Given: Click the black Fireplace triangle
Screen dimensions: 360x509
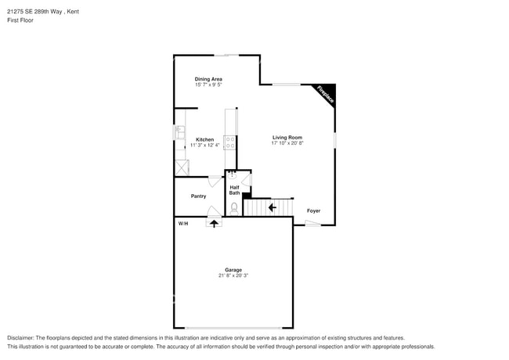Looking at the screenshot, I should (x=327, y=93).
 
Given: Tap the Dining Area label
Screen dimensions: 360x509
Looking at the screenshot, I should (x=209, y=79).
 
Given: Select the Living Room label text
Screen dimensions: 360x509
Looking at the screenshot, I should (x=287, y=138).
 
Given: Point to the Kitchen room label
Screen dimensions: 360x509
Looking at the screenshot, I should (x=204, y=139).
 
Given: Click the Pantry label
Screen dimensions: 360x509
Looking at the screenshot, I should (x=198, y=196).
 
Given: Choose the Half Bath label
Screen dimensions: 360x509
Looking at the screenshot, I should (x=234, y=190).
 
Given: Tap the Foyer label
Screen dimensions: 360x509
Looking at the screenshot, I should (x=313, y=211).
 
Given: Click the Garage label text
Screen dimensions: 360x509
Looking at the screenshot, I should (x=233, y=270).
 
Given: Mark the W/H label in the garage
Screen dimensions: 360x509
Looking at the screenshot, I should (x=183, y=224).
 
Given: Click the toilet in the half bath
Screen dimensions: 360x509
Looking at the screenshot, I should (x=234, y=207).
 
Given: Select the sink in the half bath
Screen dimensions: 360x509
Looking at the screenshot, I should (x=233, y=175).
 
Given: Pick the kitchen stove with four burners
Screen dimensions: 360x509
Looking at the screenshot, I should (x=230, y=142).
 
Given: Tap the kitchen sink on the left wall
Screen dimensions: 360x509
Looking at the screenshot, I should (x=179, y=132).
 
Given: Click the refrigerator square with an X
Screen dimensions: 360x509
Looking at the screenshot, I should (x=181, y=167).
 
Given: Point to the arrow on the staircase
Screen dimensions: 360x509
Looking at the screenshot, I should (x=271, y=207).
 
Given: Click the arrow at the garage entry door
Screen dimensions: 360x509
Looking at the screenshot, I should (x=214, y=223).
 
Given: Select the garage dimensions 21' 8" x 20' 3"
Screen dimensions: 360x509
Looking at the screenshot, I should (x=233, y=276).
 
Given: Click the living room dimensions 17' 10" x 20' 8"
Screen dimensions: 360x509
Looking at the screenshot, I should (x=287, y=144).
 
